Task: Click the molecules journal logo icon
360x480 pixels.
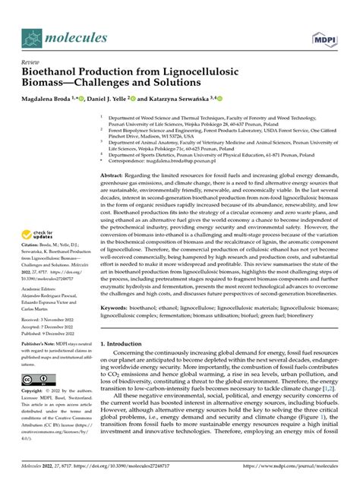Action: [31, 37]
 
